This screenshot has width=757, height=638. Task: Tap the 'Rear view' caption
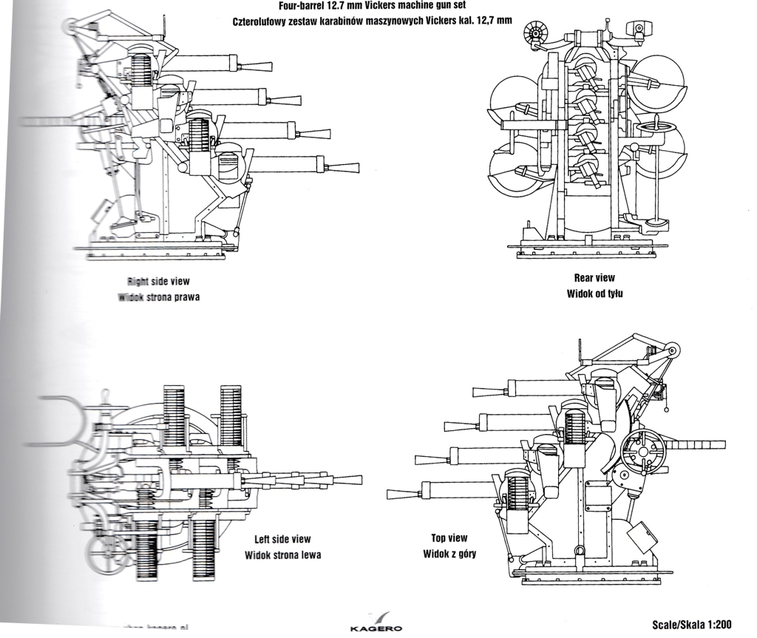[x=594, y=278]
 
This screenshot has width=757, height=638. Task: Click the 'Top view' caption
[x=449, y=538]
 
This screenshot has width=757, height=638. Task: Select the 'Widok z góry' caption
[x=449, y=553]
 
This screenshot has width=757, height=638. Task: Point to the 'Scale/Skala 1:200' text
[x=692, y=625]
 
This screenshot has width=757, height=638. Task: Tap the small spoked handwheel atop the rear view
[x=533, y=33]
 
